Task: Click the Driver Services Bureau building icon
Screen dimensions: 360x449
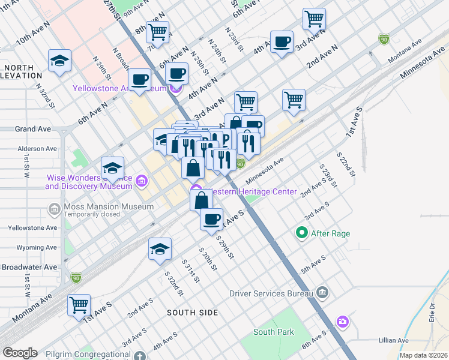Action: pos(322,293)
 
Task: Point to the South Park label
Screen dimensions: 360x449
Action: pos(273,332)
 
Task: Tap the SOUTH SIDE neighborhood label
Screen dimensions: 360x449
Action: pos(192,312)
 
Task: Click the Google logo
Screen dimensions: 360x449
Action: pos(20,353)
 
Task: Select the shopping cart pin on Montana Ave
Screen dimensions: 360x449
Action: pos(79,305)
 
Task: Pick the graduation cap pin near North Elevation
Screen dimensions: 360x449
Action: pos(60,60)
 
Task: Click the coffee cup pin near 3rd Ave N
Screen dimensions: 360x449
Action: pos(282,42)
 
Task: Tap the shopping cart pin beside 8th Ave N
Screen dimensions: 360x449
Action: pos(157,32)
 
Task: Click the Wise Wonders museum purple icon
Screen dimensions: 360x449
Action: pos(142,181)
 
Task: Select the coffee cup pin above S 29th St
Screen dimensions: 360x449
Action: pos(211,219)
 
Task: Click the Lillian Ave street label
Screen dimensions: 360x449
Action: pos(394,340)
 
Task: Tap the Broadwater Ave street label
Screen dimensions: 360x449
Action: pos(29,267)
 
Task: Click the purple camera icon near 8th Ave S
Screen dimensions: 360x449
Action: pos(342,322)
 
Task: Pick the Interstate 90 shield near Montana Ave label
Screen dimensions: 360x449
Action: pos(383,39)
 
